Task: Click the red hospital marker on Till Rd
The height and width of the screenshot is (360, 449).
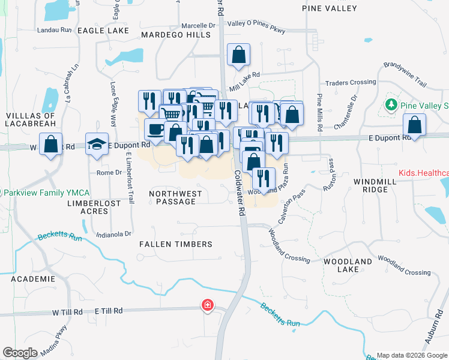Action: click(x=207, y=305)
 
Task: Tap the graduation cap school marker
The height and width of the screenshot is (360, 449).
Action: click(x=97, y=144)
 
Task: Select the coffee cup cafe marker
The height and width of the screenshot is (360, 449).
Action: click(x=156, y=130)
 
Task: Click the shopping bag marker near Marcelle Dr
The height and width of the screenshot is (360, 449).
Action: click(x=239, y=55)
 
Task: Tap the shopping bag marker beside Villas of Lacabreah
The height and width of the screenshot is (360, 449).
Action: click(x=51, y=144)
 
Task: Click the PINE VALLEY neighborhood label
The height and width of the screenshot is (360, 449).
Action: click(x=330, y=9)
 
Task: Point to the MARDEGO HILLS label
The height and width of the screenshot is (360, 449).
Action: click(x=176, y=35)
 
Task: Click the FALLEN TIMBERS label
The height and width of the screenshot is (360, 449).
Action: click(x=176, y=244)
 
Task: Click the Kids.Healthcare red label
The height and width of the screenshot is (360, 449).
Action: click(x=423, y=173)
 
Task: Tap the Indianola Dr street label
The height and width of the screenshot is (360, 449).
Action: click(x=113, y=234)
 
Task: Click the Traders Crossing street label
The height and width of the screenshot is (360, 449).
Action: click(x=350, y=82)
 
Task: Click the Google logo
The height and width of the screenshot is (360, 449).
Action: click(x=20, y=353)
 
